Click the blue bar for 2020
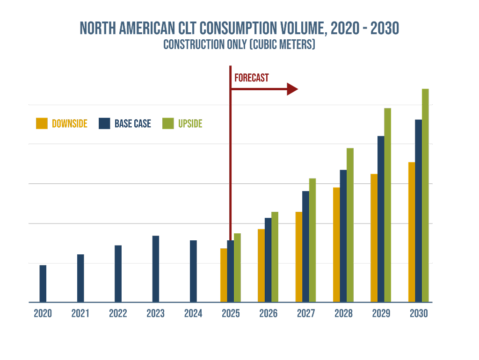[43, 284]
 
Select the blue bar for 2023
[156, 269]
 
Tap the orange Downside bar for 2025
[224, 275]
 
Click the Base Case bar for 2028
[343, 236]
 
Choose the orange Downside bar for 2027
[299, 257]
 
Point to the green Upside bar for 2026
[275, 257]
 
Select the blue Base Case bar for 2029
[381, 219]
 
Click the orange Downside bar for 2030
[412, 232]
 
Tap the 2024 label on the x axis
[193, 314]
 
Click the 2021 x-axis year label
[80, 314]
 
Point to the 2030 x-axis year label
[419, 314]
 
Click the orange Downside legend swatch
[42, 123]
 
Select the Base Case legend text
[133, 124]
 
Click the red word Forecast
[252, 78]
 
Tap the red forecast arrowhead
[292, 89]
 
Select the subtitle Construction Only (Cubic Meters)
[239, 45]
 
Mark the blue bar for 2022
[118, 274]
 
